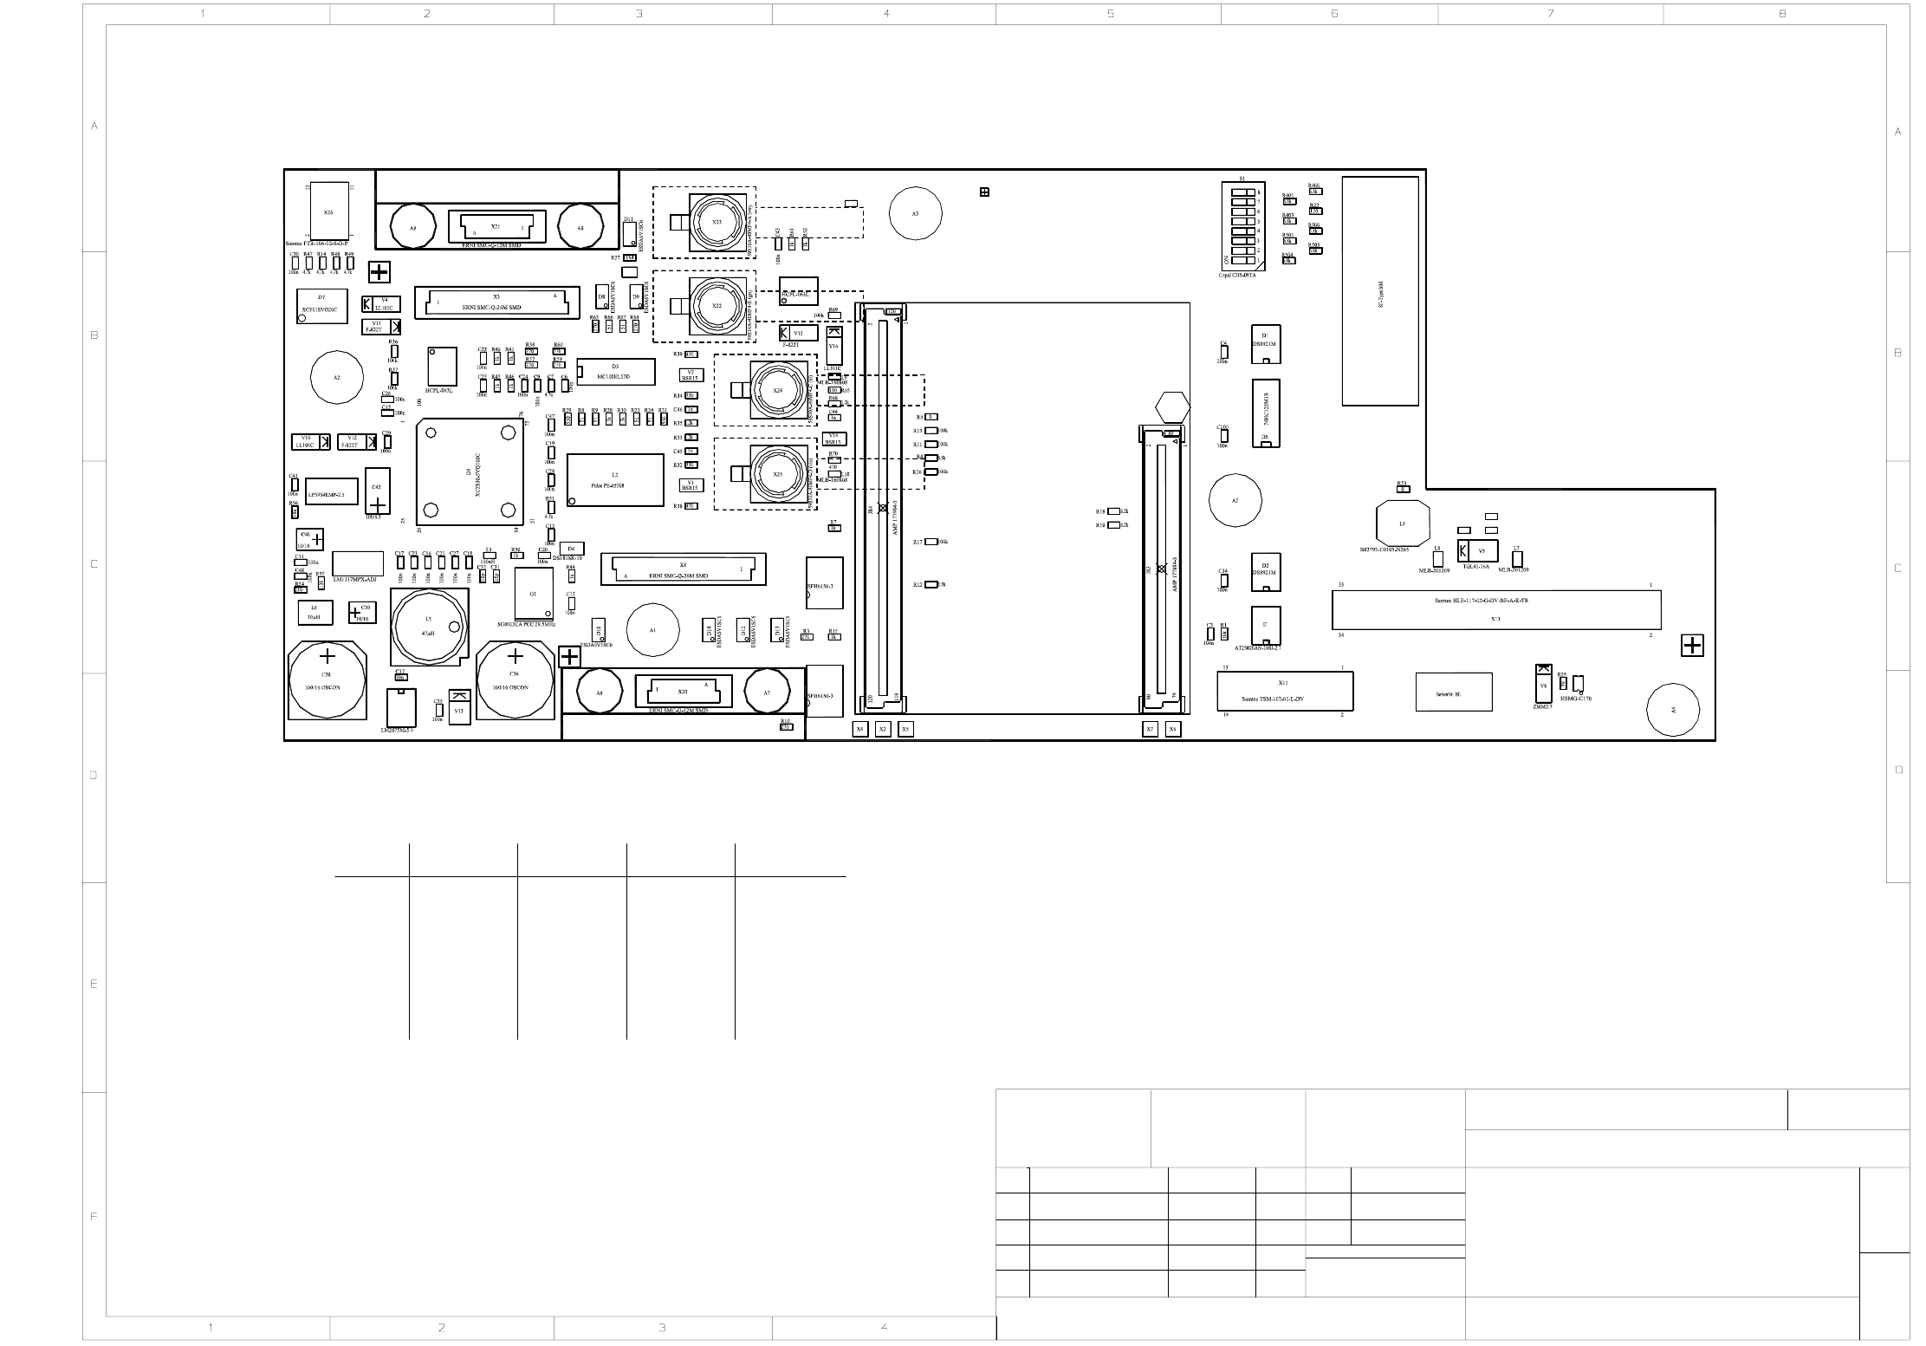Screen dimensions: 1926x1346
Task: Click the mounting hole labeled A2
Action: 337,377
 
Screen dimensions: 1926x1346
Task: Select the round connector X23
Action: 716,222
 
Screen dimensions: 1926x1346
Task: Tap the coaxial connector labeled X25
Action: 777,474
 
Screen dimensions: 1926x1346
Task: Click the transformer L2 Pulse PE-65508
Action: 614,479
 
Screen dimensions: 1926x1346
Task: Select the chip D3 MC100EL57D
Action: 615,371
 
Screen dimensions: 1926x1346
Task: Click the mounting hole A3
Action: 915,213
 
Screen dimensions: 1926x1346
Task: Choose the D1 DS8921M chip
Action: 1265,344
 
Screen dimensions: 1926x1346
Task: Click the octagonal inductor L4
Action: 1402,523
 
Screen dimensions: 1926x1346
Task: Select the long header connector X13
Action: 1495,609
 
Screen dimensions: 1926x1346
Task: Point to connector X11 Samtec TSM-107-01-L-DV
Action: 1284,691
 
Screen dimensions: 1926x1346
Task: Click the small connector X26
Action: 328,211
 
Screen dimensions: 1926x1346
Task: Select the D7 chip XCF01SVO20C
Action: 321,306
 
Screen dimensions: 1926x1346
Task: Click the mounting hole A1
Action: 652,630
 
